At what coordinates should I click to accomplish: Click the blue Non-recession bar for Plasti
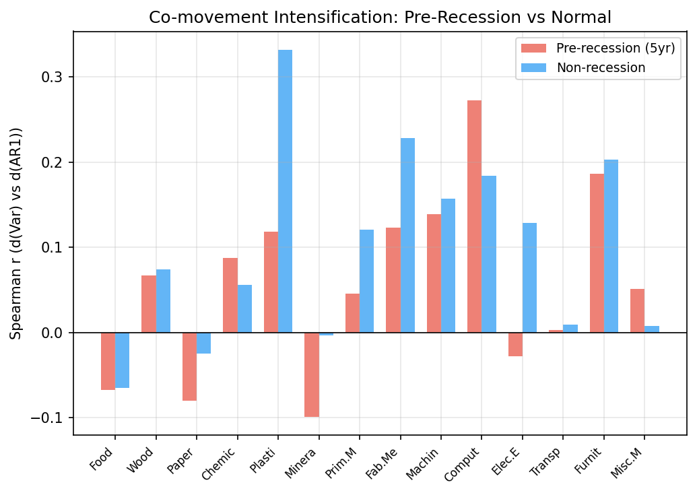[x=285, y=191]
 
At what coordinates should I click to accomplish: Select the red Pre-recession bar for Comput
[x=474, y=216]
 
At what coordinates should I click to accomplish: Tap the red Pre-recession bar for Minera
[x=311, y=374]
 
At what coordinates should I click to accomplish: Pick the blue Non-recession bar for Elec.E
[x=530, y=277]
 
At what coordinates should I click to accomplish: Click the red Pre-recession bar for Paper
[x=189, y=366]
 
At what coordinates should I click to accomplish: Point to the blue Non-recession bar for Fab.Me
[x=407, y=235]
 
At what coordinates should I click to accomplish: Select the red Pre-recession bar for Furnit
[x=597, y=253]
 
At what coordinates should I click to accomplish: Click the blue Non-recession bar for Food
[x=122, y=360]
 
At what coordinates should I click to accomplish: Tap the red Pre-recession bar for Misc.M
[x=637, y=310]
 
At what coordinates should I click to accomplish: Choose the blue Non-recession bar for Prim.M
[x=366, y=281]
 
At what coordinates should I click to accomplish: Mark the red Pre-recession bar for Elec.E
[x=515, y=344]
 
